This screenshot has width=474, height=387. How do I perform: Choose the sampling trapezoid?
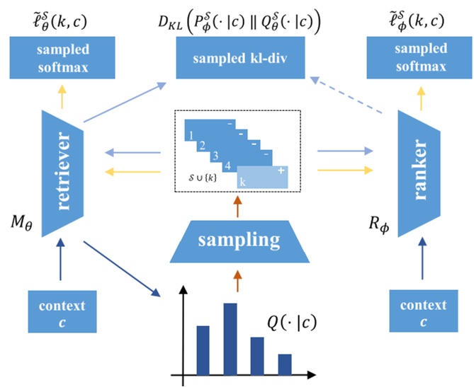pyautogui.click(x=237, y=239)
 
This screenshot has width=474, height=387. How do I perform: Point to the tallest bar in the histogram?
pyautogui.click(x=231, y=339)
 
